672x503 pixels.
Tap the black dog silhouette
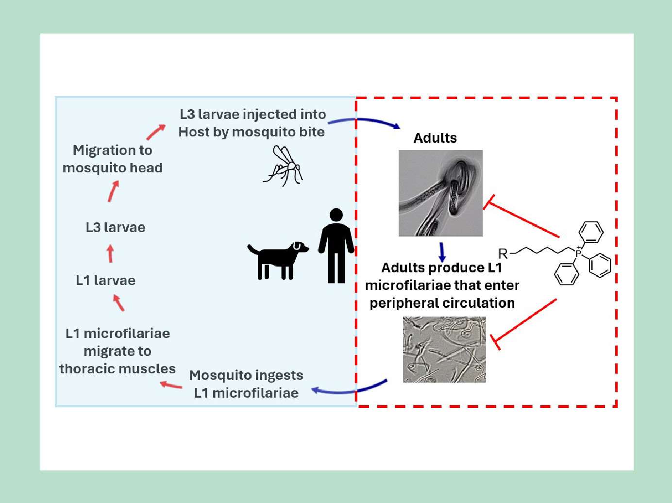coord(277,260)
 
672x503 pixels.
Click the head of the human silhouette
coord(336,215)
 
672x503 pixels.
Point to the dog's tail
coord(253,249)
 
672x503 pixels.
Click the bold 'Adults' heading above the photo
coord(435,138)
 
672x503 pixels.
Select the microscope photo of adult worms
coord(440,193)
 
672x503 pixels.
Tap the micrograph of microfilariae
coord(444,349)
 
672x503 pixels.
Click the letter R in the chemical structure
coord(503,253)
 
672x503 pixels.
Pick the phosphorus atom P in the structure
coord(578,253)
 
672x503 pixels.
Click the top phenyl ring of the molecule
coord(591,233)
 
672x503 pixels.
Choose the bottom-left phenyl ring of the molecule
coord(567,274)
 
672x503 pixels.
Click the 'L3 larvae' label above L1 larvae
coord(116,228)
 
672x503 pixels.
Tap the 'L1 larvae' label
coord(106,281)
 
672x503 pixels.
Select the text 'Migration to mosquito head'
coord(112,159)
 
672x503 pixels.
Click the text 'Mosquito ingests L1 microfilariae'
coord(246,384)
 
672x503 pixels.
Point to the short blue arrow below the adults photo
coord(442,252)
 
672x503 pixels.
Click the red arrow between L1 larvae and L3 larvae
coord(111,253)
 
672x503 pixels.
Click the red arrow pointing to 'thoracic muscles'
coord(171,385)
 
